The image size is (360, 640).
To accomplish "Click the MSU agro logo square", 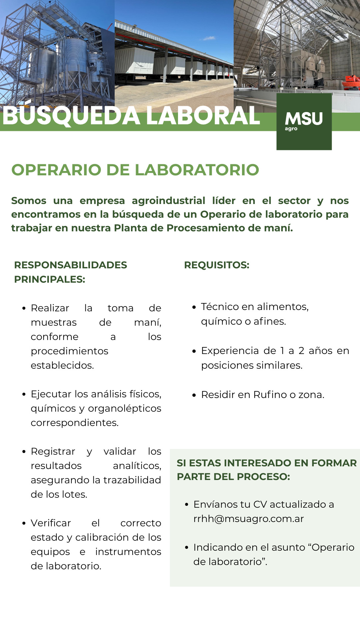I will coord(304,122).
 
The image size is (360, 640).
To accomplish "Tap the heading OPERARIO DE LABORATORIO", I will coord(135,170).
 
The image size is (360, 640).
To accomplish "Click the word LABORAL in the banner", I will coord(203,116).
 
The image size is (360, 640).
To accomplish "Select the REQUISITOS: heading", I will coord(217,265).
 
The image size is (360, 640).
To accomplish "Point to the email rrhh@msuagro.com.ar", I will coord(249,519).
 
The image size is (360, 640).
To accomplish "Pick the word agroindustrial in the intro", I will coord(168,201).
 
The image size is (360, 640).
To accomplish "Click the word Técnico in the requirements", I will coord(220,307).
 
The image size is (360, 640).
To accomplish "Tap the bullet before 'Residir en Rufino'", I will coord(194,395).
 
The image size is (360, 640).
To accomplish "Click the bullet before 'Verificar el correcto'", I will coord(24,523).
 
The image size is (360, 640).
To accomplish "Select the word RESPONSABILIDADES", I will coord(71,265).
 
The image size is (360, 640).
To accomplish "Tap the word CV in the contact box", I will coord(260,505).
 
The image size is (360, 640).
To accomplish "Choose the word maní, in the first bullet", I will coord(148,323).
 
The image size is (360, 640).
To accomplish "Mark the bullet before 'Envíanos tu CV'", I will coord(187,505).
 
